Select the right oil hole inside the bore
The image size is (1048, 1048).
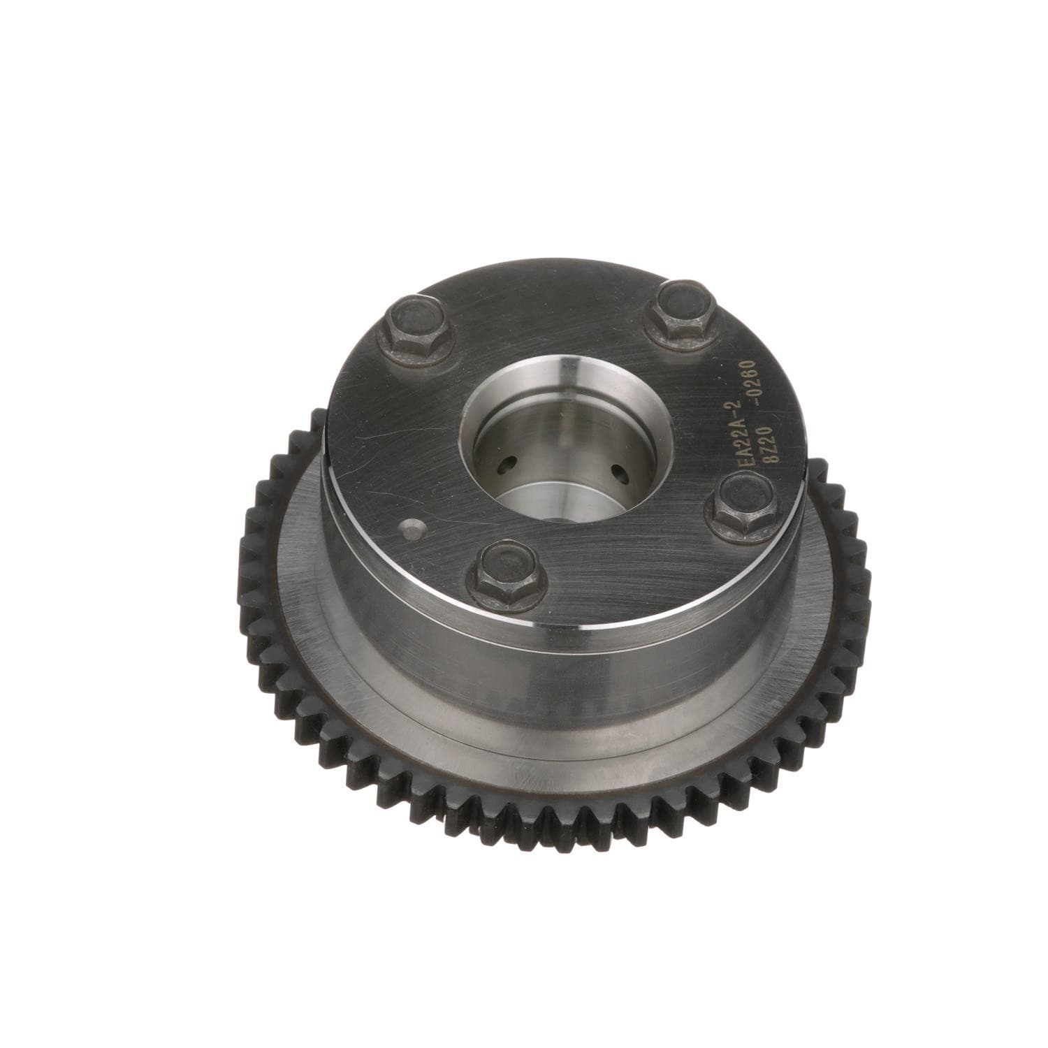click(618, 474)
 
